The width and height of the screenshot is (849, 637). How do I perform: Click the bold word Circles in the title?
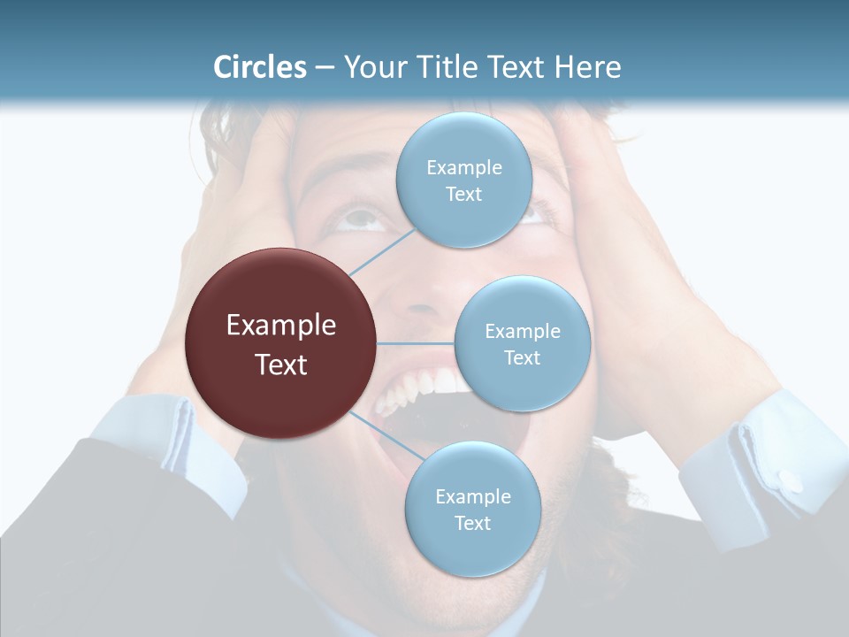(260, 67)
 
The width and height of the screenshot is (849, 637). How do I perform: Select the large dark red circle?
(280, 343)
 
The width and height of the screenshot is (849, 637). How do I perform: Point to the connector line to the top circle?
(382, 250)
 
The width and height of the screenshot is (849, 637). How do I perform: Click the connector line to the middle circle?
(416, 343)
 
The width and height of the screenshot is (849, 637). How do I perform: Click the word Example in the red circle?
(280, 326)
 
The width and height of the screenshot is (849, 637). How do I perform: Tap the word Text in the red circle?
(280, 365)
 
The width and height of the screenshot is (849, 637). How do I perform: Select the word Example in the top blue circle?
(463, 167)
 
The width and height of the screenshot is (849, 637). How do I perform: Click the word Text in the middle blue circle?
(522, 357)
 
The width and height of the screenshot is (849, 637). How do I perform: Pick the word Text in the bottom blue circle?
(472, 523)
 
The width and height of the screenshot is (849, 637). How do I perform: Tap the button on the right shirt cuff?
(791, 483)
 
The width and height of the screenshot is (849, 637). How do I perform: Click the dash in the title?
(325, 68)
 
